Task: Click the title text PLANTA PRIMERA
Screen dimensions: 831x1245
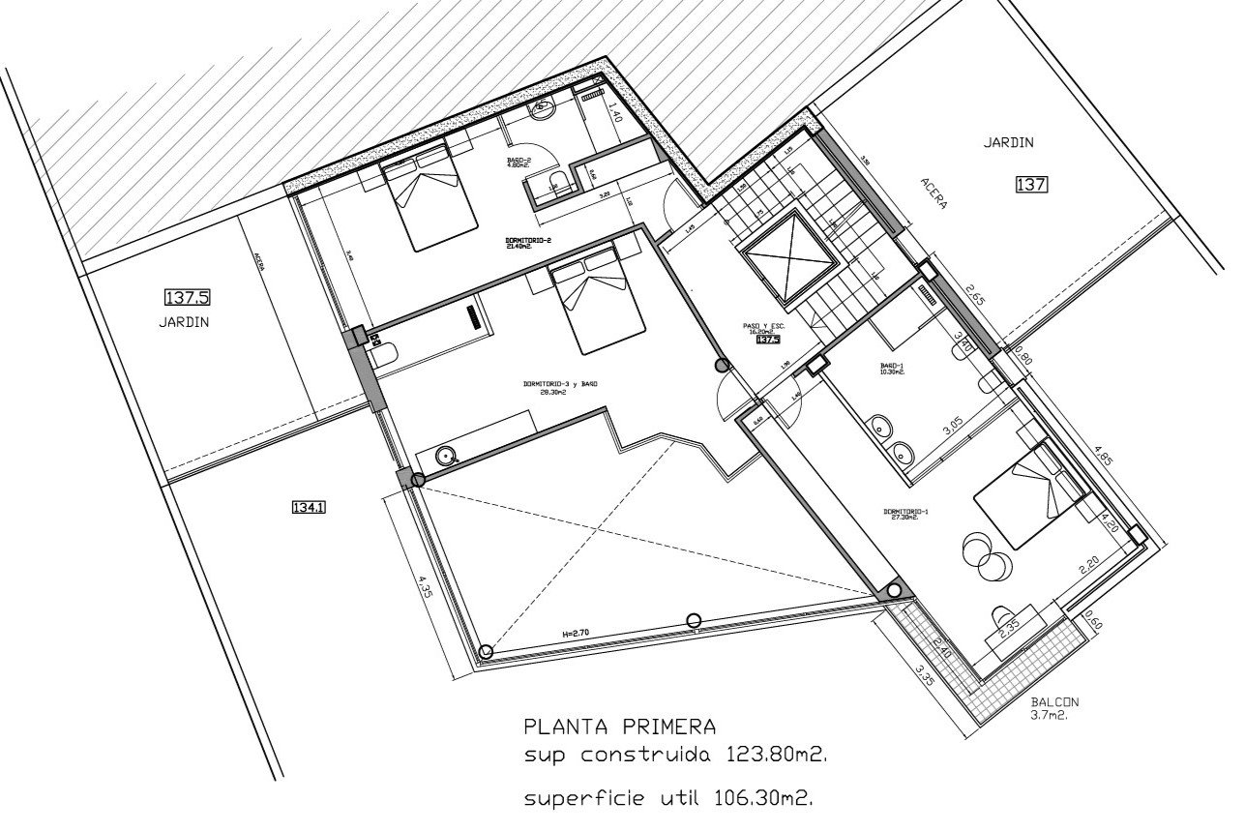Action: click(x=619, y=726)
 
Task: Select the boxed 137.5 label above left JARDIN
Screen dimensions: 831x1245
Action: click(x=184, y=298)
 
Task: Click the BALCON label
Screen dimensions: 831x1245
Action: click(x=1054, y=703)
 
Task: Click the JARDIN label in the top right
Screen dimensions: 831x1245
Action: click(x=1008, y=142)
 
